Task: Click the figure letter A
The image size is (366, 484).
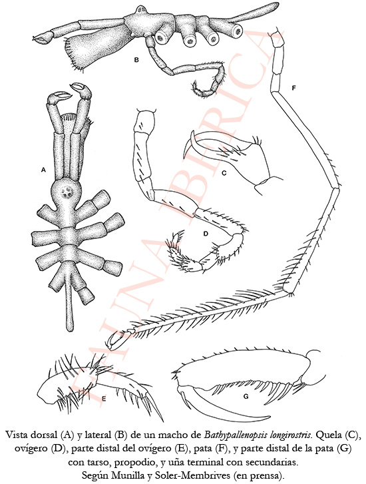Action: (43, 170)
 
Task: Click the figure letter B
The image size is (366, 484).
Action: (136, 60)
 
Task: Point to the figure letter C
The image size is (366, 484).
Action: (224, 173)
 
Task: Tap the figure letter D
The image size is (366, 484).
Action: (206, 234)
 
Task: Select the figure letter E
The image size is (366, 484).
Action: (104, 399)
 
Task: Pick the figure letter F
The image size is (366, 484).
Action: (293, 88)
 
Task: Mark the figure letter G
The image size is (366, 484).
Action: (246, 397)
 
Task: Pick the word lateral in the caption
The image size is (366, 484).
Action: (102, 436)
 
